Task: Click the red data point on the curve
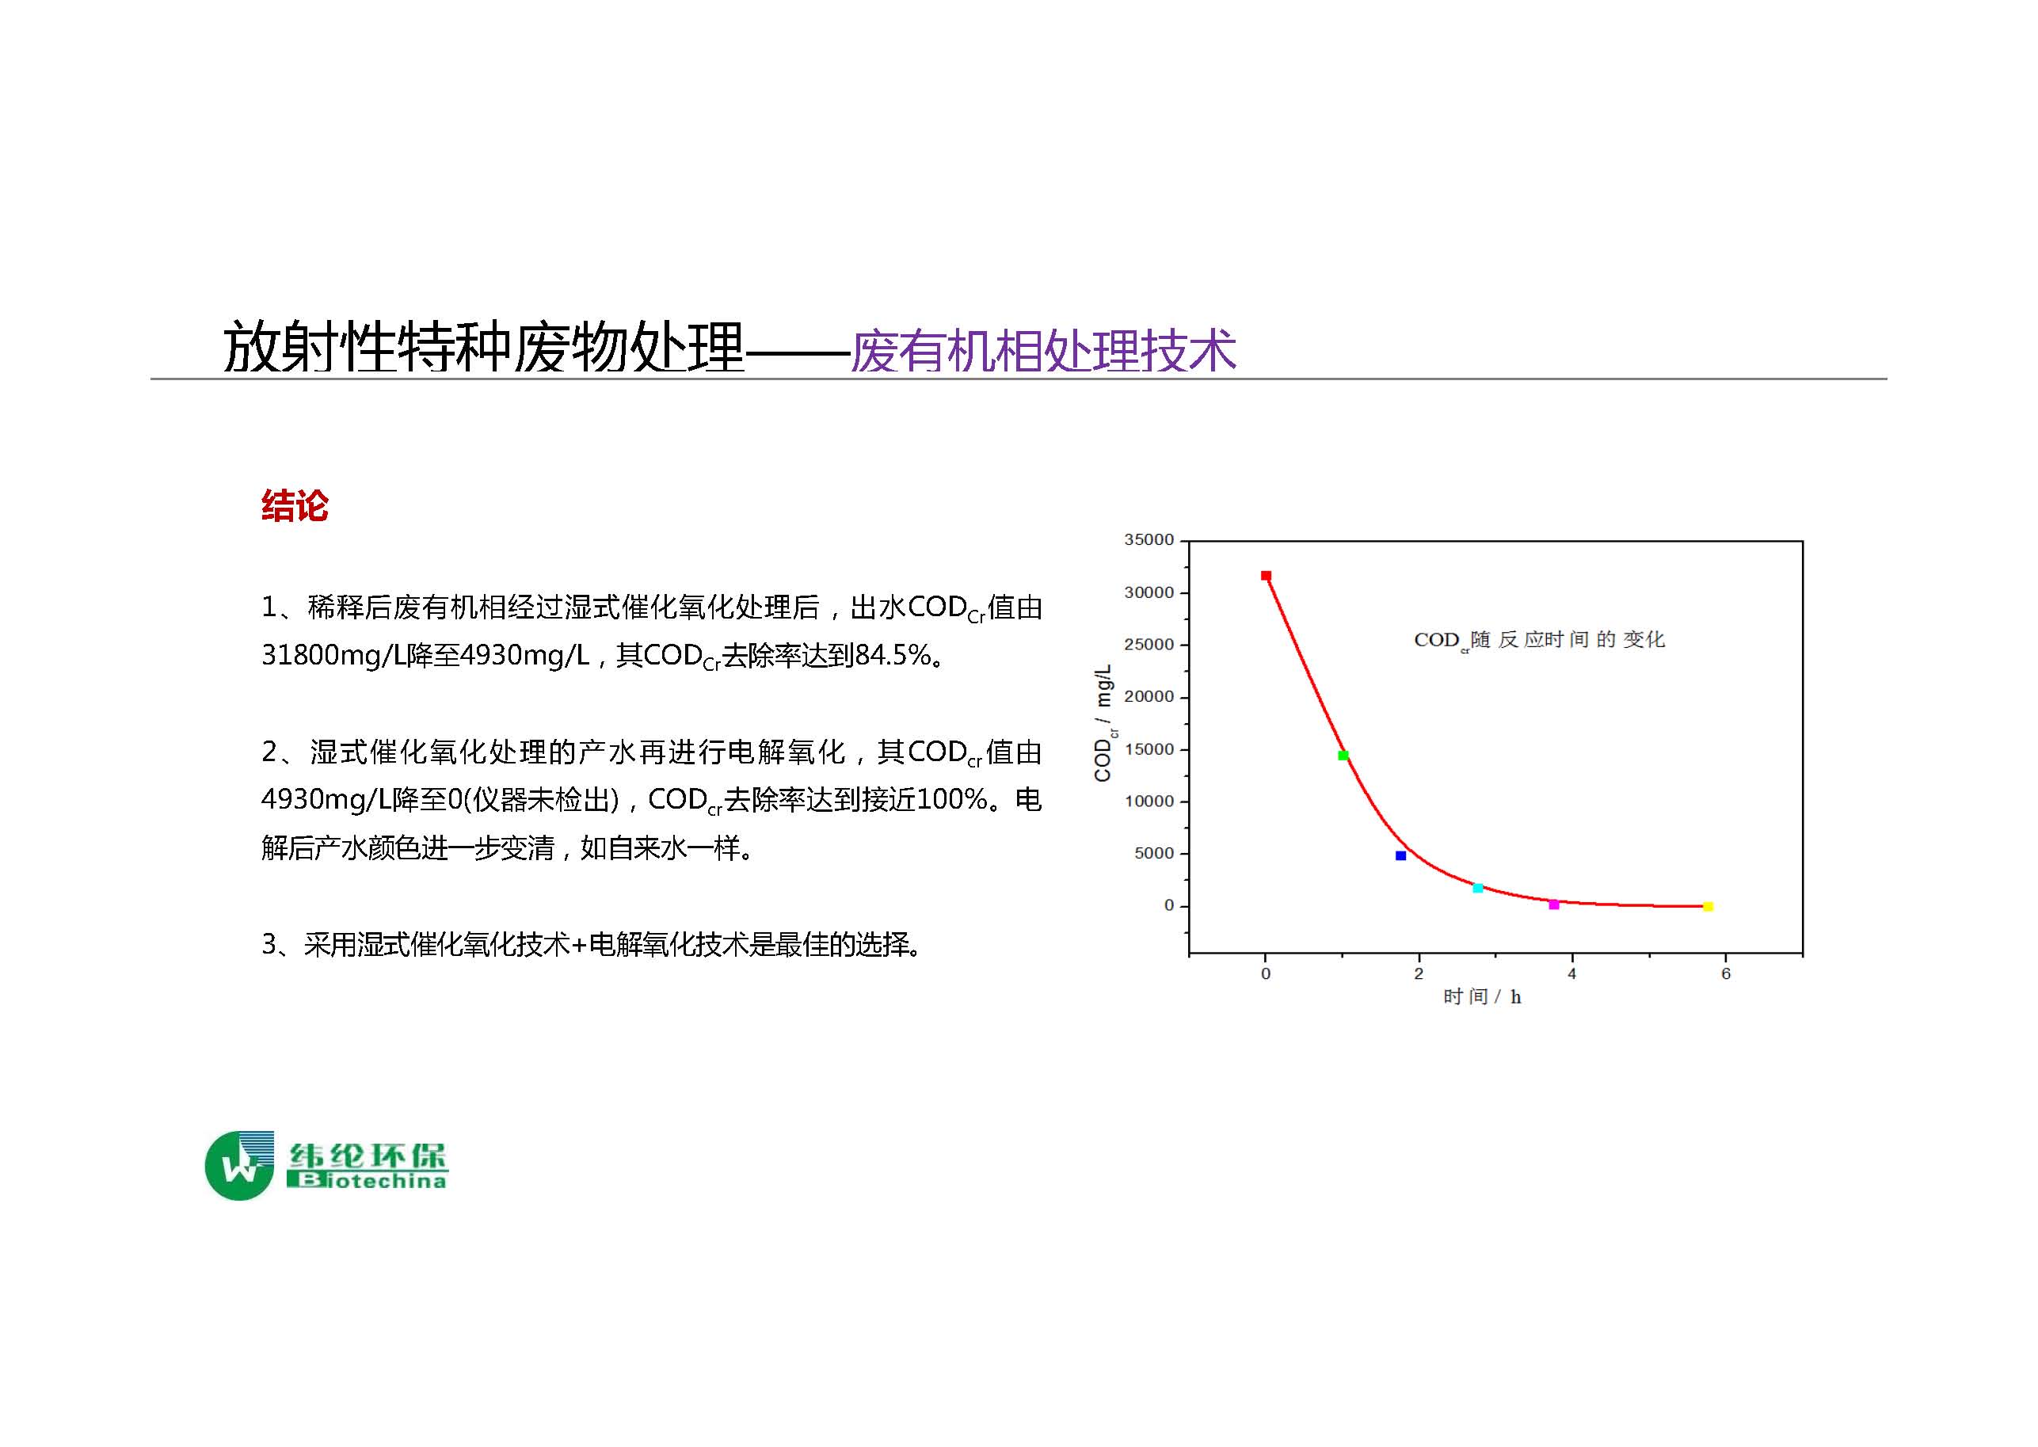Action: pos(1266,576)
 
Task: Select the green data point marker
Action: pos(1343,756)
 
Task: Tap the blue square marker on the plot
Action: pos(1401,855)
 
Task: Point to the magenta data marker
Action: pos(1554,904)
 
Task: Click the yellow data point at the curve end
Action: pos(1708,906)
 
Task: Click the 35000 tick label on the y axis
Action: pos(1149,540)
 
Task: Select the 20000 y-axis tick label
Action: pos(1149,697)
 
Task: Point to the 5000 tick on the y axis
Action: pos(1154,854)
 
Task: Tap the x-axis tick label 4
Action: pos(1572,974)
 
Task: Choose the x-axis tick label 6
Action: pos(1726,974)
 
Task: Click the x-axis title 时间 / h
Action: pos(1482,997)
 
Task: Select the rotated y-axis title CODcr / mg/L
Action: pos(1104,722)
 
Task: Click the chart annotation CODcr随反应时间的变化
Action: pos(1539,640)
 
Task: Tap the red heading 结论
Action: pos(295,505)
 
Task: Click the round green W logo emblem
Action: pos(239,1166)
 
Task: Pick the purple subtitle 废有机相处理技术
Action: pos(1043,350)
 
